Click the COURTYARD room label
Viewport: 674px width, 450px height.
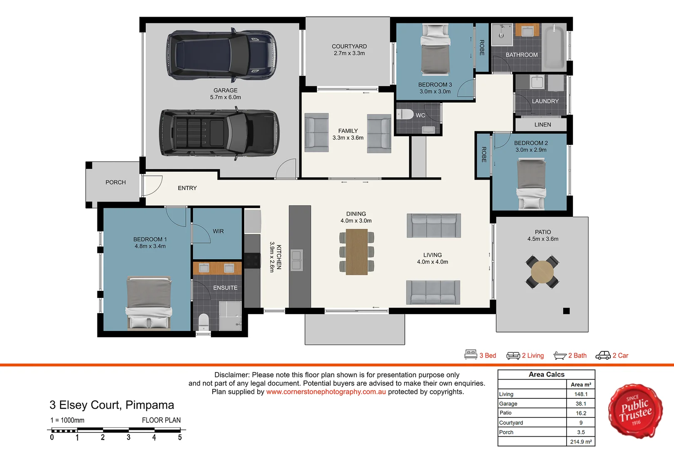pyautogui.click(x=349, y=46)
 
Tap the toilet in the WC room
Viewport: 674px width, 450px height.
pyautogui.click(x=404, y=115)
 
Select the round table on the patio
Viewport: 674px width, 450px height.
pyautogui.click(x=542, y=272)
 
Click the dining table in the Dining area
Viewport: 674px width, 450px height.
pyautogui.click(x=356, y=252)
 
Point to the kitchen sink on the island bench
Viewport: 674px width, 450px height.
pyautogui.click(x=296, y=260)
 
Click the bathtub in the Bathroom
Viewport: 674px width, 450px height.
pyautogui.click(x=554, y=47)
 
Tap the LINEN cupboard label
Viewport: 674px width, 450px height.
pyautogui.click(x=542, y=125)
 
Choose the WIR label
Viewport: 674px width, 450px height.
pyautogui.click(x=218, y=231)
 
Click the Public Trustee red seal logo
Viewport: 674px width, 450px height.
pyautogui.click(x=635, y=411)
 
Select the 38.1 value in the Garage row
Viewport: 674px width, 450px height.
pyautogui.click(x=581, y=404)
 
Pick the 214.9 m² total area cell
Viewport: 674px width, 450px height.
pyautogui.click(x=581, y=442)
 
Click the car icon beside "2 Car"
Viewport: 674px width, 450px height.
pyautogui.click(x=603, y=355)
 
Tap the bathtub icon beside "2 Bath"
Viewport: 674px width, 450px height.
pyautogui.click(x=560, y=356)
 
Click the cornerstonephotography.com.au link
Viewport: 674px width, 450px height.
pyautogui.click(x=326, y=392)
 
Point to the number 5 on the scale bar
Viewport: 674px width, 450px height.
pyautogui.click(x=180, y=437)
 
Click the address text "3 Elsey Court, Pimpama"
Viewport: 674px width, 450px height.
pyautogui.click(x=112, y=405)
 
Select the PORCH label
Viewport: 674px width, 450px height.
pyautogui.click(x=116, y=182)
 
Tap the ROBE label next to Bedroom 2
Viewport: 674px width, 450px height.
pyautogui.click(x=484, y=155)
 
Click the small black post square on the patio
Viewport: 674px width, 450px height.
pyautogui.click(x=566, y=311)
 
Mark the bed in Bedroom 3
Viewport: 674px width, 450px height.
pyautogui.click(x=435, y=50)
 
